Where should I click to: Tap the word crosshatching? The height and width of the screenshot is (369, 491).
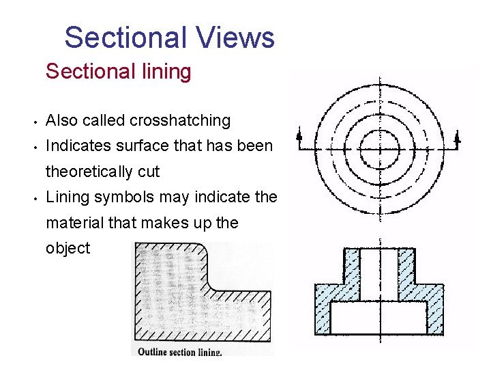coord(180,121)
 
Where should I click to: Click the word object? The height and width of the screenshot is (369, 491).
coord(68,248)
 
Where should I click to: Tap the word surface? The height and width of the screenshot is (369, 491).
coord(140,146)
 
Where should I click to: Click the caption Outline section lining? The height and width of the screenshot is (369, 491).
coord(179,352)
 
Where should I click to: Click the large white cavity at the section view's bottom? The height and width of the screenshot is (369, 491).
coord(378,317)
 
